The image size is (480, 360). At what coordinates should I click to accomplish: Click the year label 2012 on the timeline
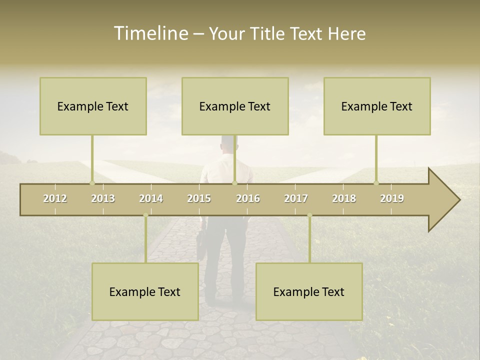[x=55, y=198]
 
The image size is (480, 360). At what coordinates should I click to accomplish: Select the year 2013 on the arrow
[x=103, y=198]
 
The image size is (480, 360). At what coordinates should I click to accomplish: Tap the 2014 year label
[x=151, y=198]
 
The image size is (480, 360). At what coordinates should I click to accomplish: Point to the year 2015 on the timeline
[x=199, y=198]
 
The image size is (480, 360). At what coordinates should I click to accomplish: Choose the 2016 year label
[x=248, y=198]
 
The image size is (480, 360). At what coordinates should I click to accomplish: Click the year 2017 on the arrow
[x=296, y=198]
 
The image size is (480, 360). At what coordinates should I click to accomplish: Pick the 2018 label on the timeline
[x=344, y=198]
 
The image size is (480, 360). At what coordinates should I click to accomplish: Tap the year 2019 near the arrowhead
[x=392, y=198]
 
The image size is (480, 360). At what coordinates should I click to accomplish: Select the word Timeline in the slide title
[x=151, y=33]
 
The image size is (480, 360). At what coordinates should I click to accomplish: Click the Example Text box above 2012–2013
[x=93, y=106]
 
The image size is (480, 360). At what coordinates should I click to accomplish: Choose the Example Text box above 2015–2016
[x=235, y=106]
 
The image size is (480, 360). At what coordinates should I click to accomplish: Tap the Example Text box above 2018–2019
[x=377, y=106]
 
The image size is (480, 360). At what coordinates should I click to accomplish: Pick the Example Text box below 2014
[x=145, y=291]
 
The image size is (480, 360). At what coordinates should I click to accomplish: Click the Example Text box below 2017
[x=309, y=291]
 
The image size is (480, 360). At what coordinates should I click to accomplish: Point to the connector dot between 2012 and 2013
[x=92, y=183]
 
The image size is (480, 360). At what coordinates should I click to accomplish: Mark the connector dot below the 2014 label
[x=145, y=215]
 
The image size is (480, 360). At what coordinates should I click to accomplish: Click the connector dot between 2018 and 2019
[x=376, y=183]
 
